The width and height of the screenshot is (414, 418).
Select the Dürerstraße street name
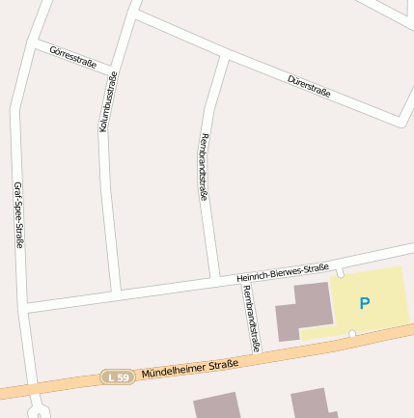point(309,86)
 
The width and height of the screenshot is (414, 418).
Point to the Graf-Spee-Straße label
point(18,214)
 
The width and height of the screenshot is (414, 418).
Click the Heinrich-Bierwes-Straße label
point(283,272)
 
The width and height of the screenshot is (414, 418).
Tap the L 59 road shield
point(117,377)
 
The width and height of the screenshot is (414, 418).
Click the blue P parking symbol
point(364,303)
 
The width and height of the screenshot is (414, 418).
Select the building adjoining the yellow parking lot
point(305,310)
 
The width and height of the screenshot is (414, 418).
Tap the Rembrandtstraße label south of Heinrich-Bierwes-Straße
point(252,317)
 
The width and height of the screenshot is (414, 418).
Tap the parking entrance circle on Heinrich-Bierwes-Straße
point(340,273)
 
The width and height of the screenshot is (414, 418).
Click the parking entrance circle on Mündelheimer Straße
point(352,334)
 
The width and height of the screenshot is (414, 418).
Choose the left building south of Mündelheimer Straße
point(216,405)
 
